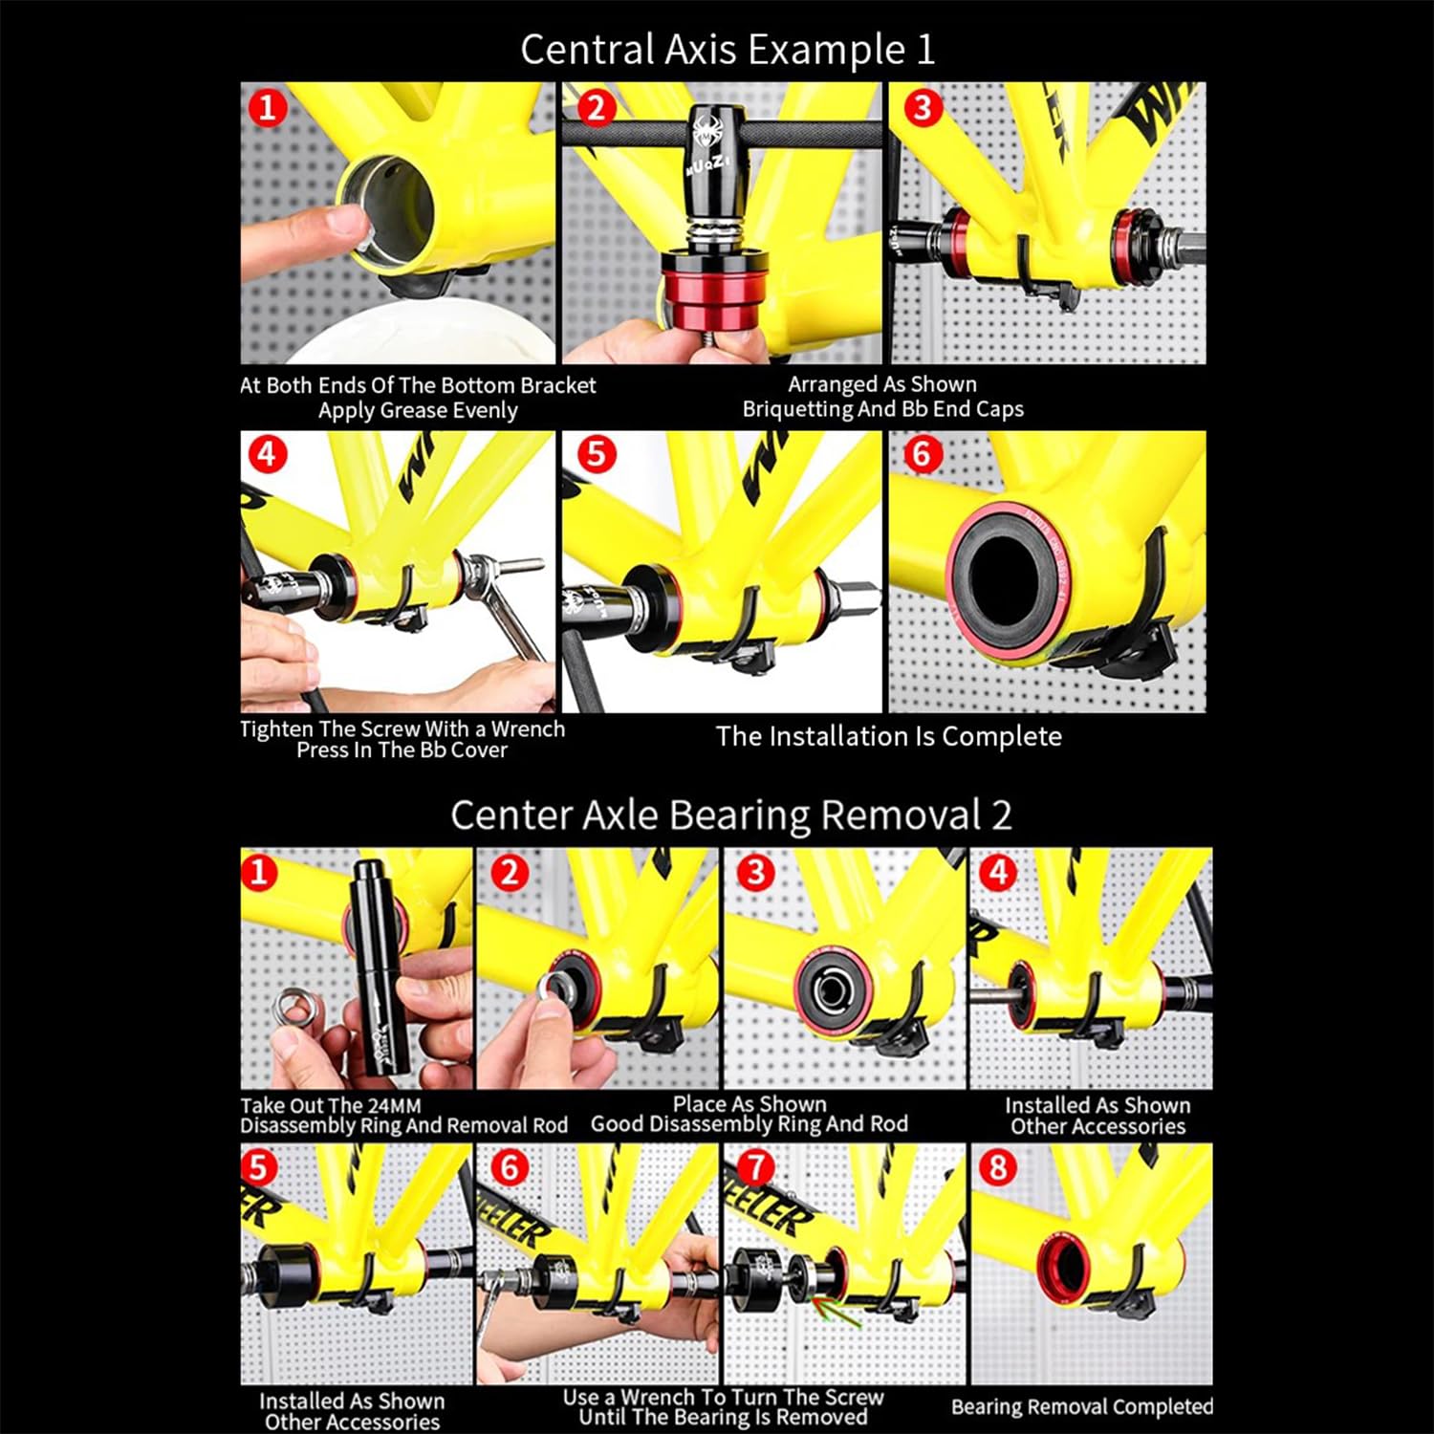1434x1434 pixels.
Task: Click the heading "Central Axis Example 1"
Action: pos(728,50)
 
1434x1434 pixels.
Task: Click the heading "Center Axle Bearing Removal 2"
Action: pos(731,815)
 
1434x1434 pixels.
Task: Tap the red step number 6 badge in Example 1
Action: pos(922,453)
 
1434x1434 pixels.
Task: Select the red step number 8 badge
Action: pos(997,1167)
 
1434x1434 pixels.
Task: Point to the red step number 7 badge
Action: pos(755,1167)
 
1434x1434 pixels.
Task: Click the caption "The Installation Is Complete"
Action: pos(889,736)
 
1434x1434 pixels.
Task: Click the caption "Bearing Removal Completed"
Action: pos(1082,1406)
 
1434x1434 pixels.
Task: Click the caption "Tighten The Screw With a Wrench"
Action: pos(402,728)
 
